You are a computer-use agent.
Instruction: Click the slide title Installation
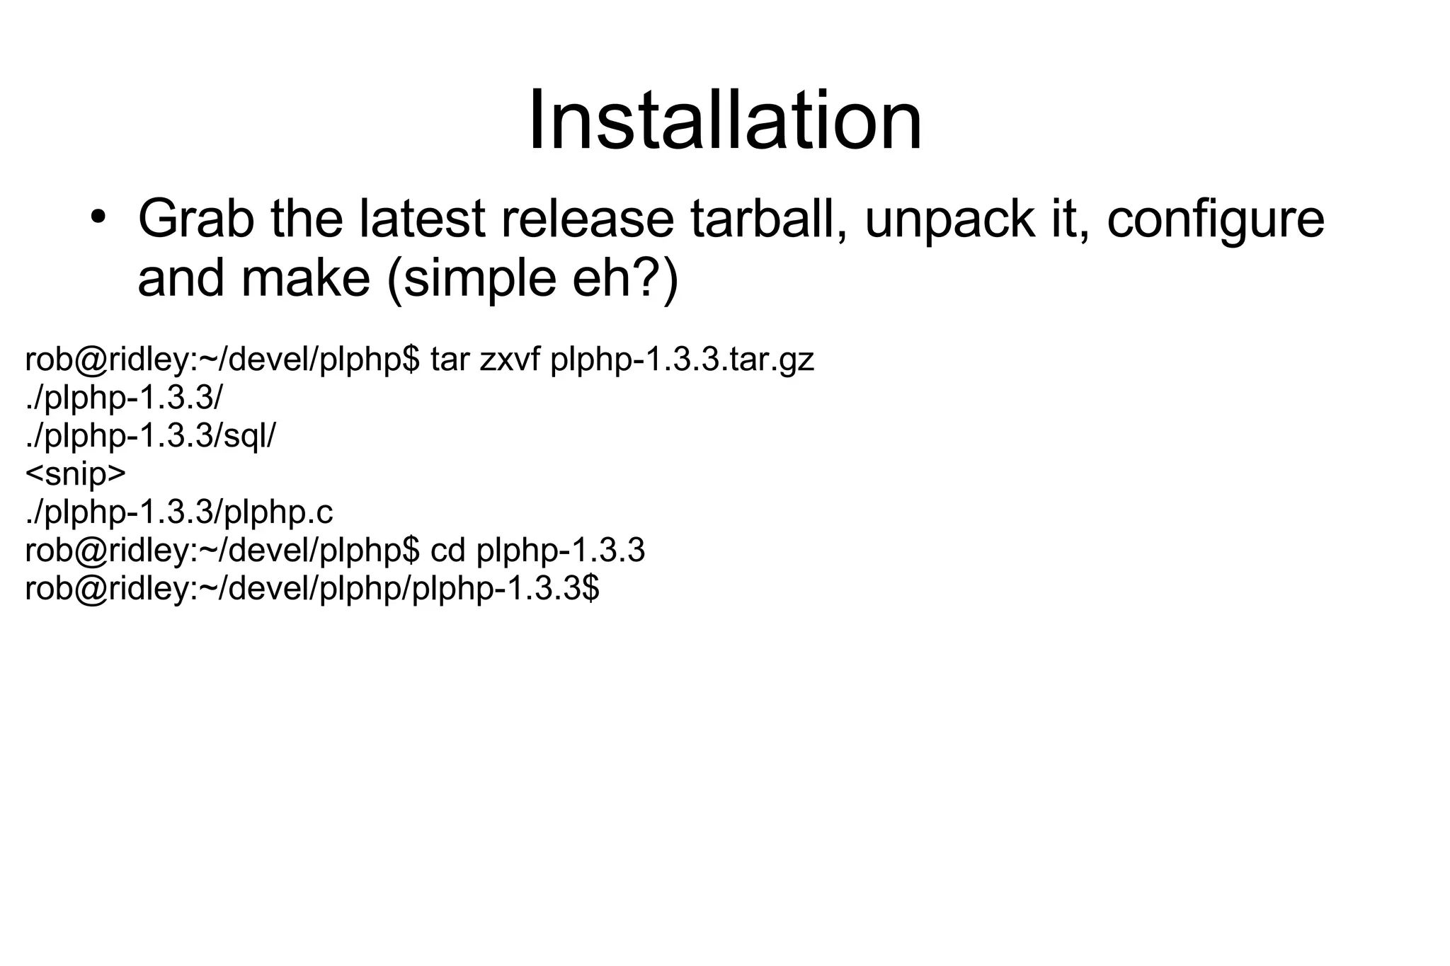(724, 120)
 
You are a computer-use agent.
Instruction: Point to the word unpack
(949, 220)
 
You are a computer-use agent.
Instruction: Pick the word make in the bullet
(306, 278)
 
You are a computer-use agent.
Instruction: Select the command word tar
(450, 360)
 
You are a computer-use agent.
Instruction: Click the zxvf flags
(510, 360)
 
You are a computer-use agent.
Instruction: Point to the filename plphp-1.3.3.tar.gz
(682, 361)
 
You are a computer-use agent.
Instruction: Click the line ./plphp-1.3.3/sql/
(150, 436)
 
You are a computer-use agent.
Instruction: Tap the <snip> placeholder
(76, 474)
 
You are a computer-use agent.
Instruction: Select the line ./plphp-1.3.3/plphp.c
(179, 512)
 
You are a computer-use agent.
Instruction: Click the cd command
(447, 550)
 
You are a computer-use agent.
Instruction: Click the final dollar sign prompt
(590, 588)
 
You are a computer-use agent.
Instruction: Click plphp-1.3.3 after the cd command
(561, 551)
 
